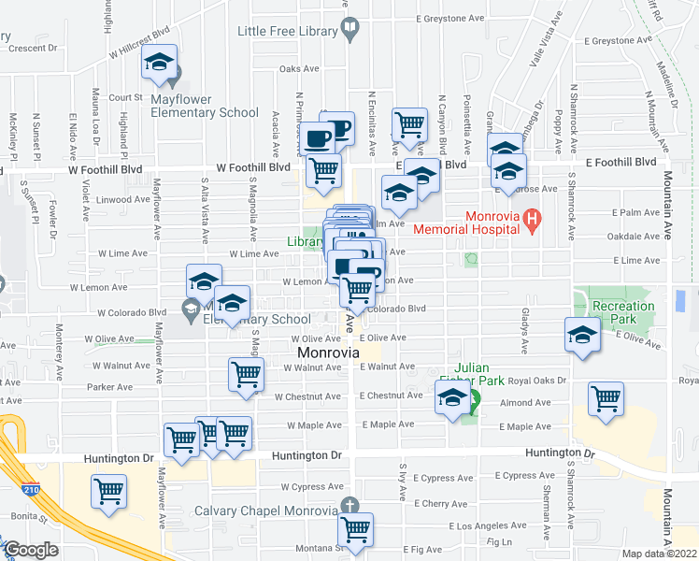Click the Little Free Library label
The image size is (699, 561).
click(x=287, y=31)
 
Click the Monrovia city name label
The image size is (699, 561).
click(x=329, y=352)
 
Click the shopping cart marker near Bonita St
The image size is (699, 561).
click(x=109, y=490)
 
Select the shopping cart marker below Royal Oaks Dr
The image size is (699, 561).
click(x=606, y=398)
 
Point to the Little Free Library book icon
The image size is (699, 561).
click(x=349, y=31)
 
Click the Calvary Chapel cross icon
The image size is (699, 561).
click(x=349, y=506)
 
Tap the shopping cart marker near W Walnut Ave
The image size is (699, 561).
click(x=246, y=373)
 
